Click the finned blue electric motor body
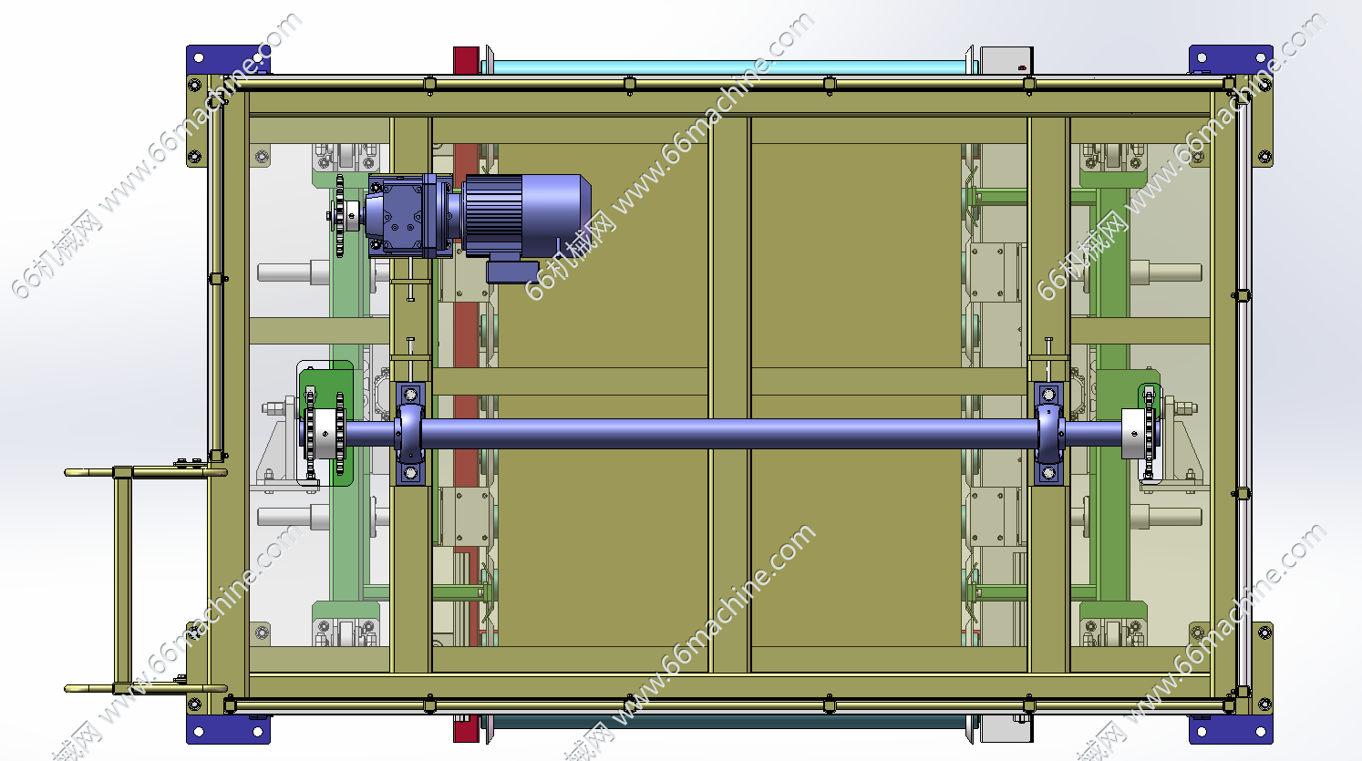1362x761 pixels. point(527,215)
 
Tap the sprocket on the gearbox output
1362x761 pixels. point(339,215)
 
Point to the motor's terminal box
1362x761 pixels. point(512,271)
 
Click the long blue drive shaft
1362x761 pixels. point(728,434)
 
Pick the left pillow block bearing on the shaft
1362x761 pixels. point(410,434)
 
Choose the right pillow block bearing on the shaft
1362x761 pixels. point(1049,434)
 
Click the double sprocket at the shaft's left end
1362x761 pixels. point(325,434)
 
